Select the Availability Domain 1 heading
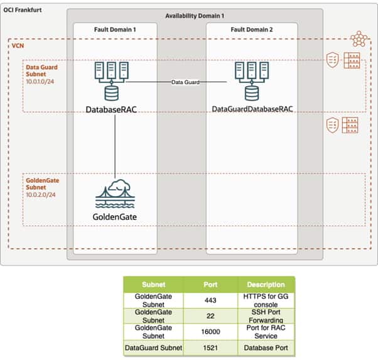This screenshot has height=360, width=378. click(x=195, y=15)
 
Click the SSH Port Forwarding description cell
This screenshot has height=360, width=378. click(x=266, y=316)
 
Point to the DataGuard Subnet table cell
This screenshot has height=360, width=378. click(x=154, y=347)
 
